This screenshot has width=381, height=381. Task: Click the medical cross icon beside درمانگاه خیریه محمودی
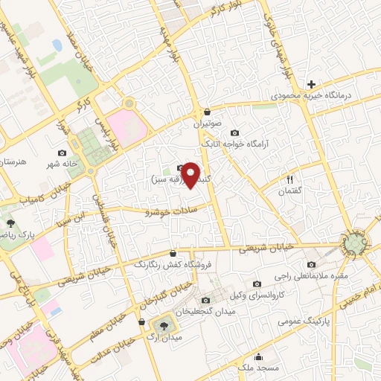click(311, 84)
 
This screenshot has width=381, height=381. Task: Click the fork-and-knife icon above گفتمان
click(291, 179)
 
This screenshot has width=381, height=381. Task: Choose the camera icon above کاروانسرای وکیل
click(257, 284)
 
